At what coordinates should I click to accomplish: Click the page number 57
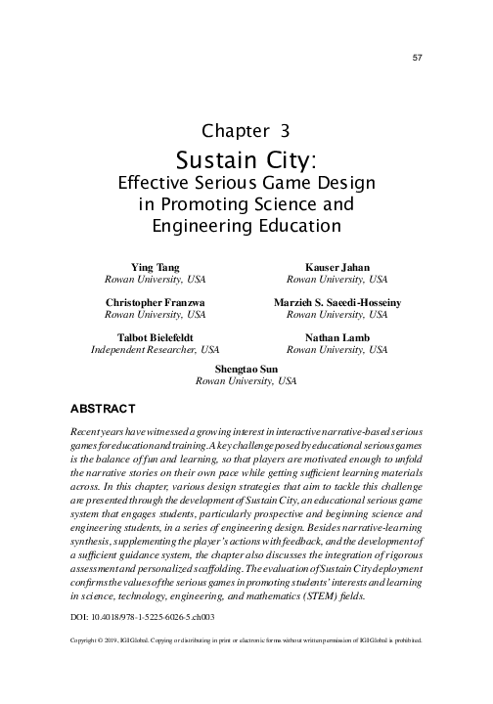[x=417, y=58]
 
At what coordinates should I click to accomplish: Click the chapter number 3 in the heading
[x=285, y=129]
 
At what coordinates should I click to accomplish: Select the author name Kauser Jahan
[x=336, y=266]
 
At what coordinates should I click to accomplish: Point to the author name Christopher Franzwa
[x=155, y=303]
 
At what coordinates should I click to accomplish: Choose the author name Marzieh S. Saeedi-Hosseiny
[x=336, y=303]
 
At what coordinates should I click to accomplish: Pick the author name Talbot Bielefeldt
[x=155, y=337]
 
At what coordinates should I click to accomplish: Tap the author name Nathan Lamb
[x=336, y=337]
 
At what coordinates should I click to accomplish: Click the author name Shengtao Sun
[x=246, y=371]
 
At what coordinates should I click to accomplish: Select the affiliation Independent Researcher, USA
[x=155, y=349]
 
